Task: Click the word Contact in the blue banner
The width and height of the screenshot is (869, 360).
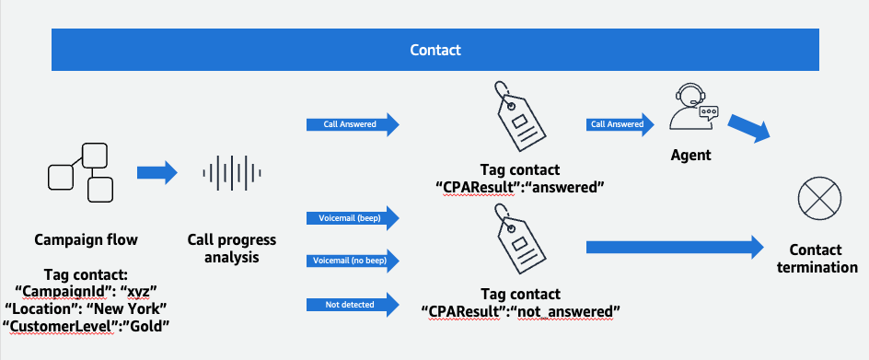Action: tap(434, 50)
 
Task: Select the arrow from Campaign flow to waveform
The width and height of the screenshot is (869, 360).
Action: tap(156, 172)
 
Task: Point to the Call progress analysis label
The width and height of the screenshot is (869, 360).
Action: tap(232, 249)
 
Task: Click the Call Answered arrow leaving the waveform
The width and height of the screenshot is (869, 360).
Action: tap(353, 123)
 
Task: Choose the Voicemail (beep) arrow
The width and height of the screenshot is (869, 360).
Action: tap(353, 218)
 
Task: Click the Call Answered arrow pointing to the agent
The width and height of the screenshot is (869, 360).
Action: tap(617, 123)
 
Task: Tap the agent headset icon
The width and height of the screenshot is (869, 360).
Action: tap(690, 114)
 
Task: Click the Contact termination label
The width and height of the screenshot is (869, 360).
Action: tap(815, 259)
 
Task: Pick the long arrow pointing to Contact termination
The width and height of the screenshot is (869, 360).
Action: tap(676, 246)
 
